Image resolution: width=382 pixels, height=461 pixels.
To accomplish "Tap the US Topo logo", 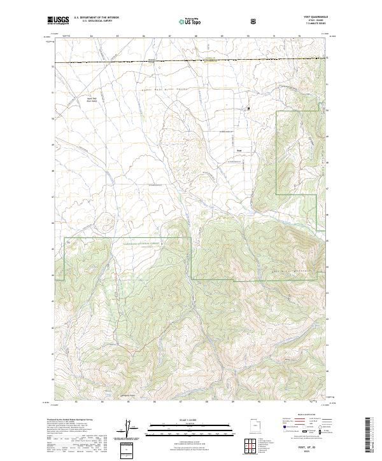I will [186, 21].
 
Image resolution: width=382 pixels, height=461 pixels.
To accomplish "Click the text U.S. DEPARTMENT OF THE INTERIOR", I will [96, 18].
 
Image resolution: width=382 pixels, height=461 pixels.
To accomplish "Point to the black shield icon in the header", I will [254, 20].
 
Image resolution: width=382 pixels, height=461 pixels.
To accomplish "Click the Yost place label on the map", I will [239, 151].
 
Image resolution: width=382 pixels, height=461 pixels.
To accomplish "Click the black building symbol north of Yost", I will [248, 109].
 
